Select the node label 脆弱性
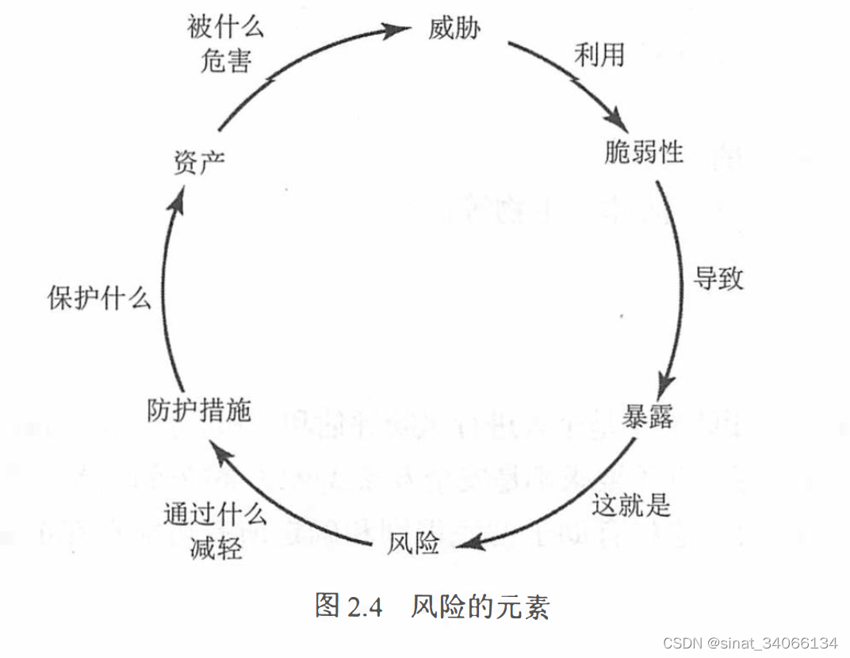tap(643, 151)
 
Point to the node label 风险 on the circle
tap(413, 544)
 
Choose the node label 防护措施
tap(199, 410)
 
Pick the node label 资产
tap(199, 163)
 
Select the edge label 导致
tap(718, 278)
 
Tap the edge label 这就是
tap(631, 504)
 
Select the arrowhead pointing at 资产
tap(177, 198)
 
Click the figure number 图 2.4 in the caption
tap(349, 606)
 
